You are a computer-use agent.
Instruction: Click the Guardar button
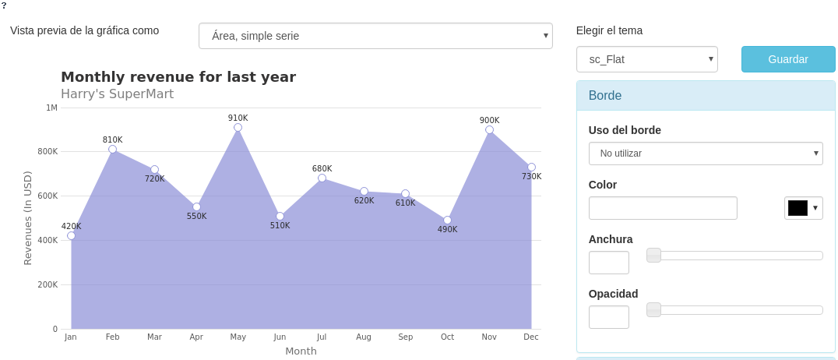[x=787, y=59]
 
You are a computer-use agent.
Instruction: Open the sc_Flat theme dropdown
[x=646, y=59]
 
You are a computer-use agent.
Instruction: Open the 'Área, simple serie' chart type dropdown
[x=375, y=36]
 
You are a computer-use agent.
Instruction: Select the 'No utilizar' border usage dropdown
[x=705, y=154]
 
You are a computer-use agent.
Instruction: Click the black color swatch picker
[x=803, y=208]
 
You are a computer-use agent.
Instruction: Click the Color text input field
[x=663, y=208]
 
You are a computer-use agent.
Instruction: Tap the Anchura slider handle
[x=653, y=255]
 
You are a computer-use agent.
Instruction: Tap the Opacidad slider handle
[x=653, y=309]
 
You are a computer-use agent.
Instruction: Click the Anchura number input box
[x=608, y=263]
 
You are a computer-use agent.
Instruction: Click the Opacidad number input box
[x=608, y=317]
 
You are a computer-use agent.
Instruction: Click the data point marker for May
[x=238, y=127]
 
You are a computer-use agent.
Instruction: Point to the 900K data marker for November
[x=489, y=129]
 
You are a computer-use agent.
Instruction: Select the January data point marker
[x=71, y=235]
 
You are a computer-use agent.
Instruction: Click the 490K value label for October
[x=447, y=230]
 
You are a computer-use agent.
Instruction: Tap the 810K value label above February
[x=112, y=140]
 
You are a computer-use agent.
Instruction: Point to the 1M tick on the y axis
[x=51, y=108]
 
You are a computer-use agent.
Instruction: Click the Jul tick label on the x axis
[x=322, y=337]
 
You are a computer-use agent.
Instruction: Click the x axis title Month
[x=301, y=351]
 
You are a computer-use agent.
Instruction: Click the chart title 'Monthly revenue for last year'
[x=178, y=77]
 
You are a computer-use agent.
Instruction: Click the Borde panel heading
[x=605, y=96]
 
